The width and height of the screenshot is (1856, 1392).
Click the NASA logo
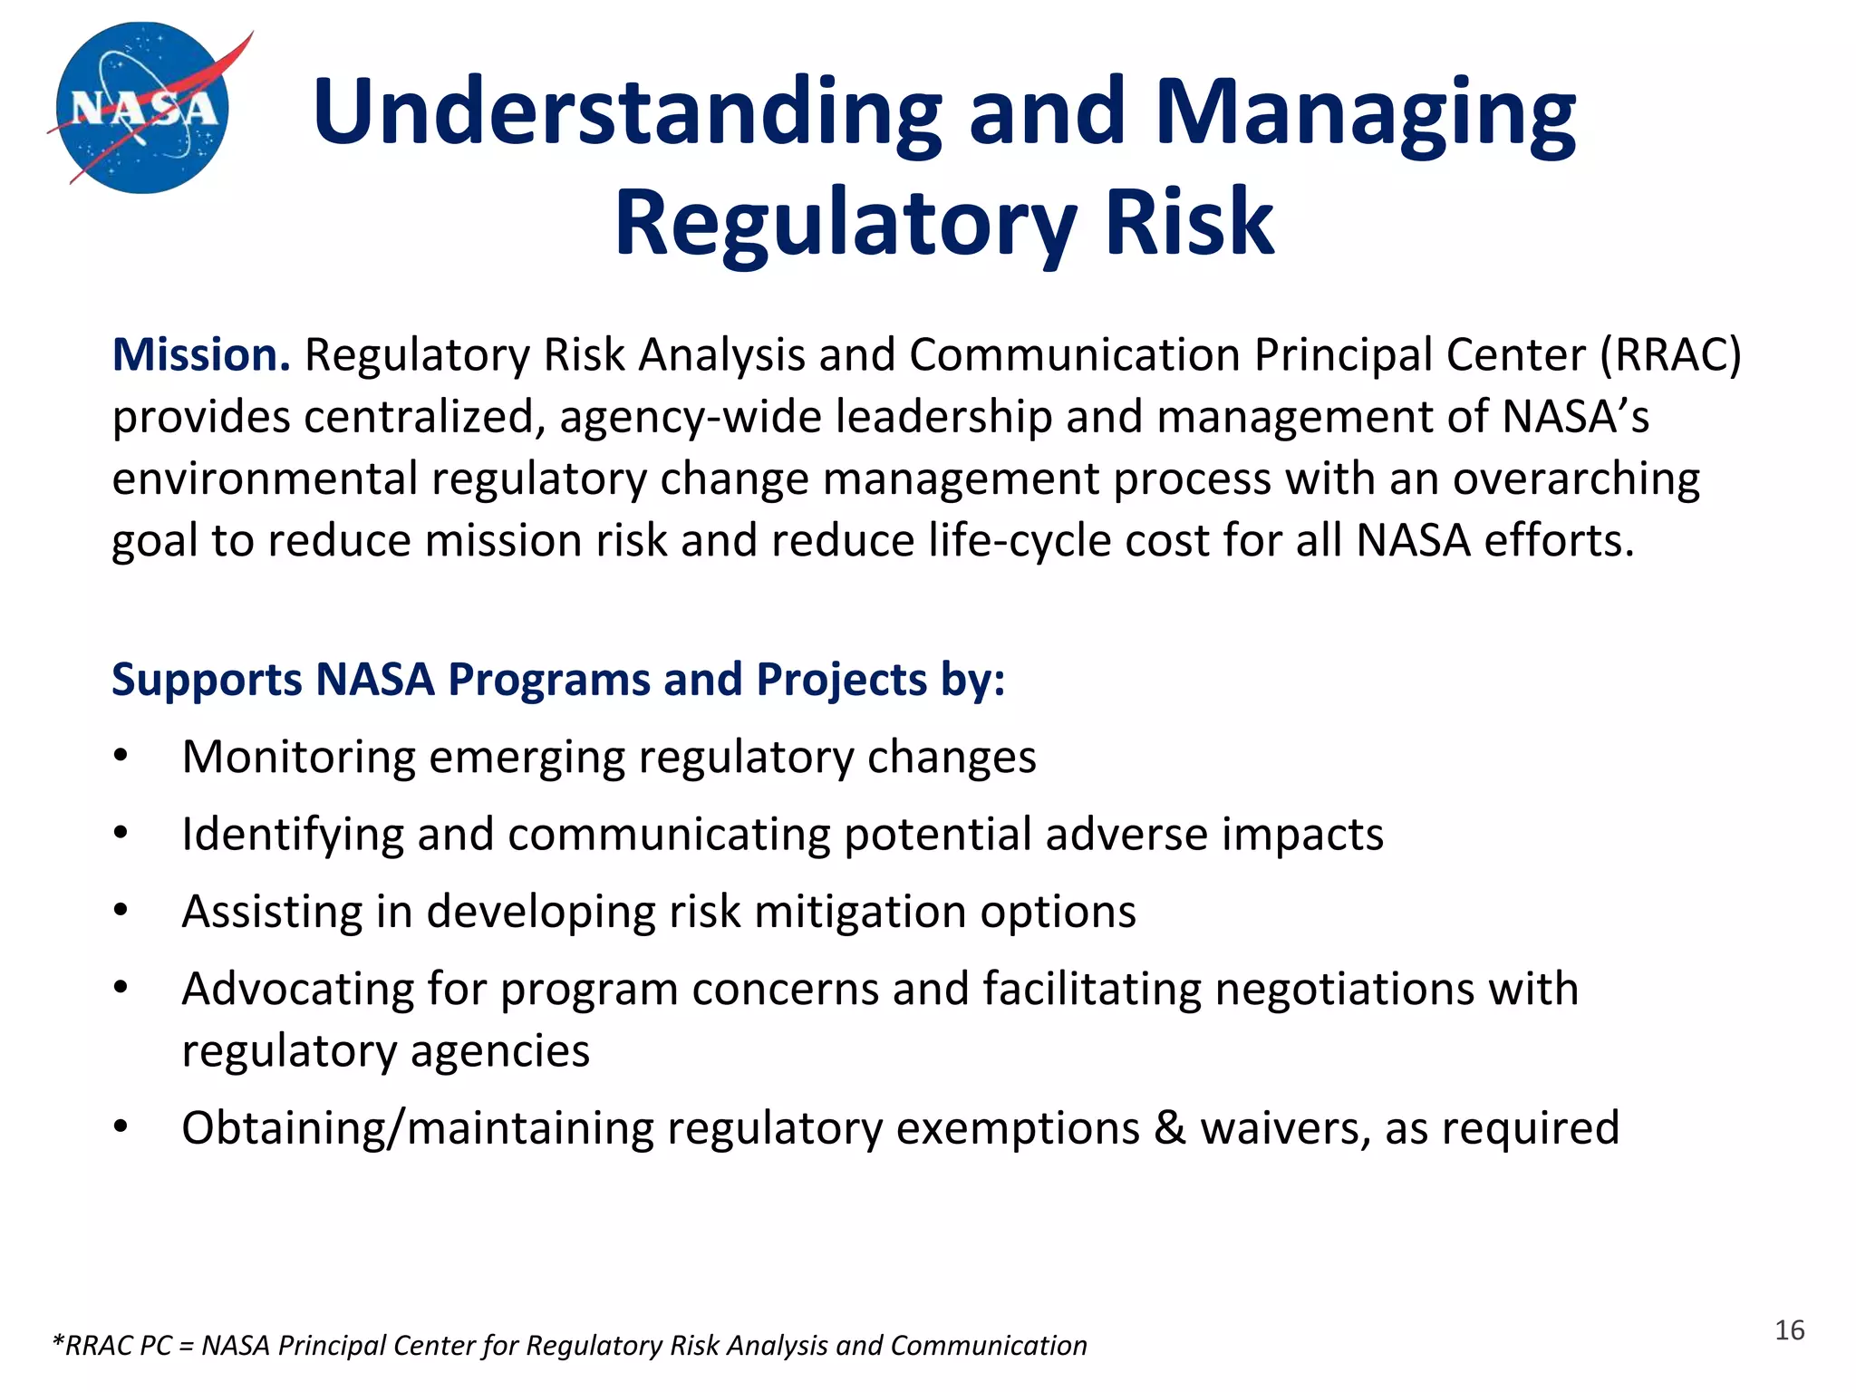[x=142, y=108]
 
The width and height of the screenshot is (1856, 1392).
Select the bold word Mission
[x=200, y=354]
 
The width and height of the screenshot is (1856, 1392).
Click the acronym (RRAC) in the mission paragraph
[x=1670, y=354]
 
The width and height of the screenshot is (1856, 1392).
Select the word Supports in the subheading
[x=206, y=680]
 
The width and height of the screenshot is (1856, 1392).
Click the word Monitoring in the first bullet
[x=298, y=757]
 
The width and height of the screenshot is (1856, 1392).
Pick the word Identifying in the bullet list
[x=292, y=835]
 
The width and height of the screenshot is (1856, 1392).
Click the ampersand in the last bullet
[x=1170, y=1128]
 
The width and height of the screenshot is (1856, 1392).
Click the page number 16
[x=1789, y=1330]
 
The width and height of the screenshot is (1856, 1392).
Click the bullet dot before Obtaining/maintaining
[x=121, y=1128]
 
